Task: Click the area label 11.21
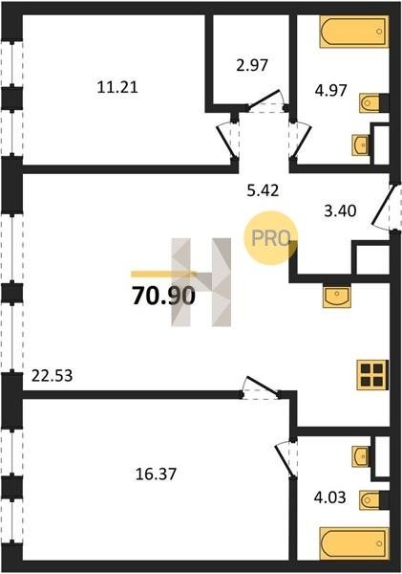[117, 87]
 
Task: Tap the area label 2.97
[252, 65]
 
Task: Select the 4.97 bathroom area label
[330, 90]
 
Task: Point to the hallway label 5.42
[263, 190]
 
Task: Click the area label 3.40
[340, 210]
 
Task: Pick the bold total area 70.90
[163, 296]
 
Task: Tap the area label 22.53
[52, 376]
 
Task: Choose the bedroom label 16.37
[156, 475]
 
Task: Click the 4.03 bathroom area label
[330, 497]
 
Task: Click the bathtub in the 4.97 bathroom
[354, 32]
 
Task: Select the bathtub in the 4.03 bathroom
[354, 543]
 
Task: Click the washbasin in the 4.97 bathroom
[361, 145]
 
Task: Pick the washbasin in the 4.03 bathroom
[361, 456]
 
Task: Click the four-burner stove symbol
[372, 375]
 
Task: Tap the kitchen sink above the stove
[336, 297]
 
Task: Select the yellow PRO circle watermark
[271, 238]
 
